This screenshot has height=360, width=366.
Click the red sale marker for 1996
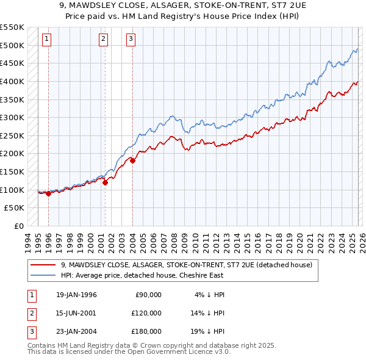tap(48, 194)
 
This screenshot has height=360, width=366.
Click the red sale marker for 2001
tap(105, 182)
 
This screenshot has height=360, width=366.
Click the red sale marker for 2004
tap(132, 161)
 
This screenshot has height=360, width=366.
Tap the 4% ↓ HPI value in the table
tap(210, 294)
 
